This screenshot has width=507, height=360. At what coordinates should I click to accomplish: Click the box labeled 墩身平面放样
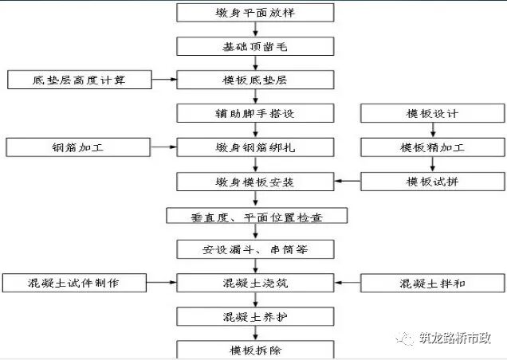253,13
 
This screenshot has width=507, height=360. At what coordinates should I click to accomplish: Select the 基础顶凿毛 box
253,46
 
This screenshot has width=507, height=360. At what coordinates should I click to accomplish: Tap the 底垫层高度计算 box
78,80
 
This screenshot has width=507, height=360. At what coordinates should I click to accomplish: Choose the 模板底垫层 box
253,80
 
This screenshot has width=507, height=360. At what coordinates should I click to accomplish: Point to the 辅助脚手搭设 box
253,113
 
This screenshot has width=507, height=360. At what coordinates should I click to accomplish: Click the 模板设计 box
433,113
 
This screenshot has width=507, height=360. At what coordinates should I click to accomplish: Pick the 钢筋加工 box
78,147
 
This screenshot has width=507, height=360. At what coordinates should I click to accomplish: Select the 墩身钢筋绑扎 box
253,147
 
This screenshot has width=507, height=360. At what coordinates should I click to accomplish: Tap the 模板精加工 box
433,147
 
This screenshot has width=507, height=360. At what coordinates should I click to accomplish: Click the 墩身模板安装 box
253,182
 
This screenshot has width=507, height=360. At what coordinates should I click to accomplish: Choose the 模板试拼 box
433,182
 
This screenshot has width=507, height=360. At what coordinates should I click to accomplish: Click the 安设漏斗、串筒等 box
253,249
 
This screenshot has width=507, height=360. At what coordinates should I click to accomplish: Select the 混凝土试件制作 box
76,283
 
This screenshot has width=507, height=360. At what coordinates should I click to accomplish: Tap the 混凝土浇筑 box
253,283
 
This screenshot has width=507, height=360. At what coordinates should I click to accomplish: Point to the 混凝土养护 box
253,316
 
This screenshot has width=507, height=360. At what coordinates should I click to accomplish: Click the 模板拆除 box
253,349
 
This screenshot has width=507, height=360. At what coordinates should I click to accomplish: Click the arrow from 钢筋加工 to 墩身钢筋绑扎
163,147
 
